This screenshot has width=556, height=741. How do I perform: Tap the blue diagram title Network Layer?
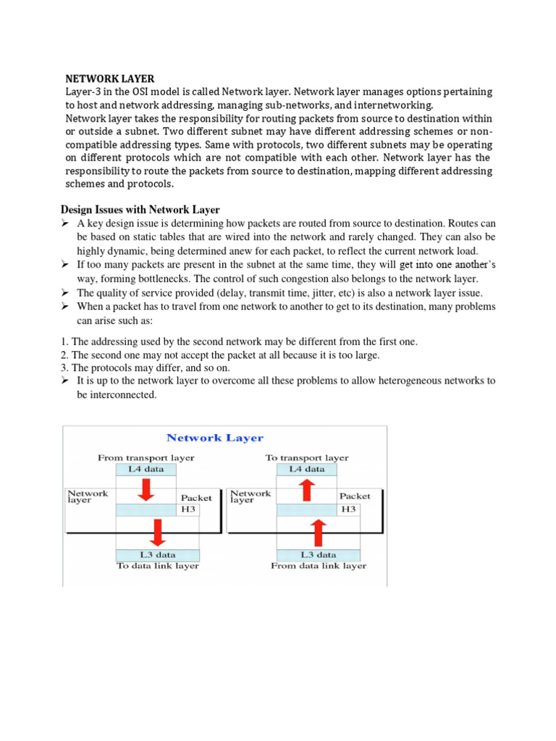(x=215, y=438)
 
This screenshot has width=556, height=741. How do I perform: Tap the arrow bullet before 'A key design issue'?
(x=64, y=224)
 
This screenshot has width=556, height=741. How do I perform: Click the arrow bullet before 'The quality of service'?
(x=64, y=293)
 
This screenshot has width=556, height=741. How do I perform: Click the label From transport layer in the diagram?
(x=146, y=457)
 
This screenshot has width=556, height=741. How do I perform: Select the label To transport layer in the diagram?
(x=307, y=457)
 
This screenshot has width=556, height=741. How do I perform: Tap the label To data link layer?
(x=158, y=566)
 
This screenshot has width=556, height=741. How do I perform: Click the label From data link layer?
(x=319, y=566)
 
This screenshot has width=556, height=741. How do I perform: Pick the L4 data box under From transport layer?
(x=147, y=469)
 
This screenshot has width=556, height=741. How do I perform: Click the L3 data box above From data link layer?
(x=308, y=554)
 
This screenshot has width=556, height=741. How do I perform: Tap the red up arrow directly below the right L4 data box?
(x=306, y=491)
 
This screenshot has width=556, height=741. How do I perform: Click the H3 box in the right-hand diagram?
(x=349, y=509)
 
